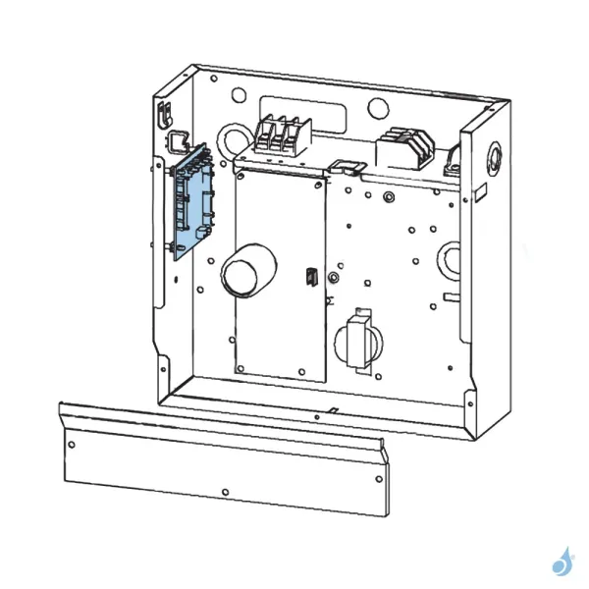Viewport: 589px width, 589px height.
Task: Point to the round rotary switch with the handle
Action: [358, 340]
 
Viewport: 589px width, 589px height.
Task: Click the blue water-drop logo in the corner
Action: [562, 560]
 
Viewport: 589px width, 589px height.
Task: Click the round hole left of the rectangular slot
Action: [238, 96]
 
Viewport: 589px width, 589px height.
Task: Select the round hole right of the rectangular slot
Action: [378, 106]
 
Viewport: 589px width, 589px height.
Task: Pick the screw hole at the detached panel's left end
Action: [70, 444]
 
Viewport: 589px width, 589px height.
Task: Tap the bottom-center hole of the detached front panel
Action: [226, 490]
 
